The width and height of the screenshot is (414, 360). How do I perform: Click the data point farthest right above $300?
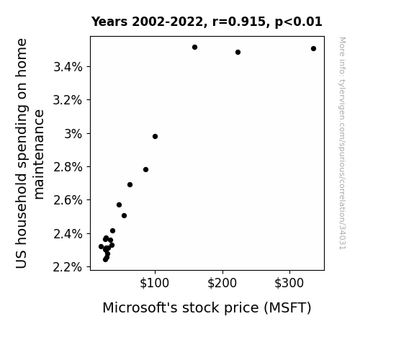(313, 48)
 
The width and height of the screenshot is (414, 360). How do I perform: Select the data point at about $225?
(238, 53)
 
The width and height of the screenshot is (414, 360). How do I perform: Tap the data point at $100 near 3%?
(156, 137)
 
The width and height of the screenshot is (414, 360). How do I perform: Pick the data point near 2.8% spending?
(145, 170)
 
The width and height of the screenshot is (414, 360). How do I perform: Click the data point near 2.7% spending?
(130, 184)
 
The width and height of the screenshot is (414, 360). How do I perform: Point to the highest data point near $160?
(195, 48)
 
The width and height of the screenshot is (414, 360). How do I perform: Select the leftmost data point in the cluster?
(101, 247)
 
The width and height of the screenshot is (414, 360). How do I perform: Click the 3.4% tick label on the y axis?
(68, 67)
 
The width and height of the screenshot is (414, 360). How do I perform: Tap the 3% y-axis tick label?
(73, 134)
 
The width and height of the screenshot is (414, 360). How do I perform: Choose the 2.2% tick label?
(68, 267)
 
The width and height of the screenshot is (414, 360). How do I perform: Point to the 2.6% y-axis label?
(68, 200)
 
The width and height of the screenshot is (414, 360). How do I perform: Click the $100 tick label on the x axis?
(155, 283)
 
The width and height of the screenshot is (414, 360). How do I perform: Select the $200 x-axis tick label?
(222, 283)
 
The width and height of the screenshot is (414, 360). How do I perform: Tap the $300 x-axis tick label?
(289, 283)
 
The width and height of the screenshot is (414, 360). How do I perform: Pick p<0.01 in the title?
(299, 22)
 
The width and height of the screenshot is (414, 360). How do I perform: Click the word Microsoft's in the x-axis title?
(140, 307)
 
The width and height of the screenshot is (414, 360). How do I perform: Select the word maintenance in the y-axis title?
(39, 155)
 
